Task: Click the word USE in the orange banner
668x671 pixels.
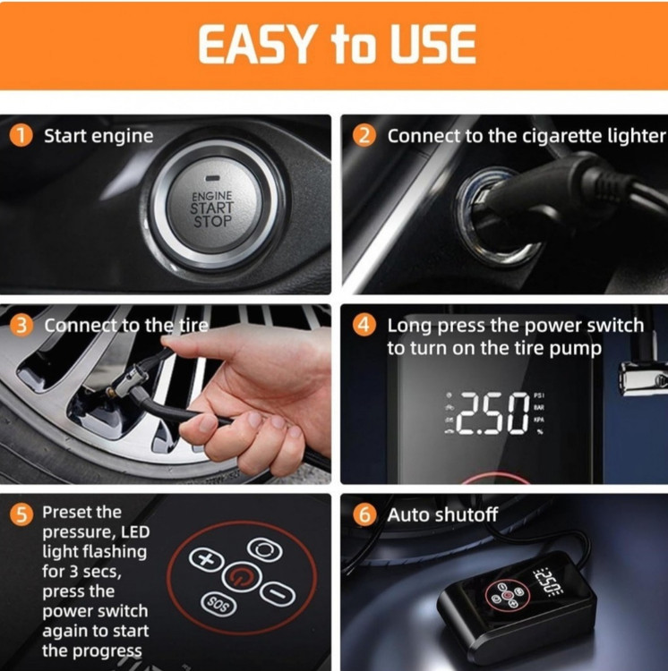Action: pos(432,45)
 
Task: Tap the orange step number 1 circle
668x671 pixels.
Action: pos(21,136)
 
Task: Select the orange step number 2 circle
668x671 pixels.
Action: pos(364,136)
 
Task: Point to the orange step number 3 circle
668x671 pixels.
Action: pos(21,326)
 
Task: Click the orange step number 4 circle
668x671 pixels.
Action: pos(364,326)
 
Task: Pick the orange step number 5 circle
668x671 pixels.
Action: pos(21,514)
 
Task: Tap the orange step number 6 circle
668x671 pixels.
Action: pos(364,514)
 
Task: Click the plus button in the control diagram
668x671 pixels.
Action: pos(206,559)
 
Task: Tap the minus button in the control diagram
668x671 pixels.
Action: pos(278,593)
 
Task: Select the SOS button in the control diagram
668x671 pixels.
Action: pos(218,604)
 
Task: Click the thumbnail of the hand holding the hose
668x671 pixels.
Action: pos(166,395)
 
